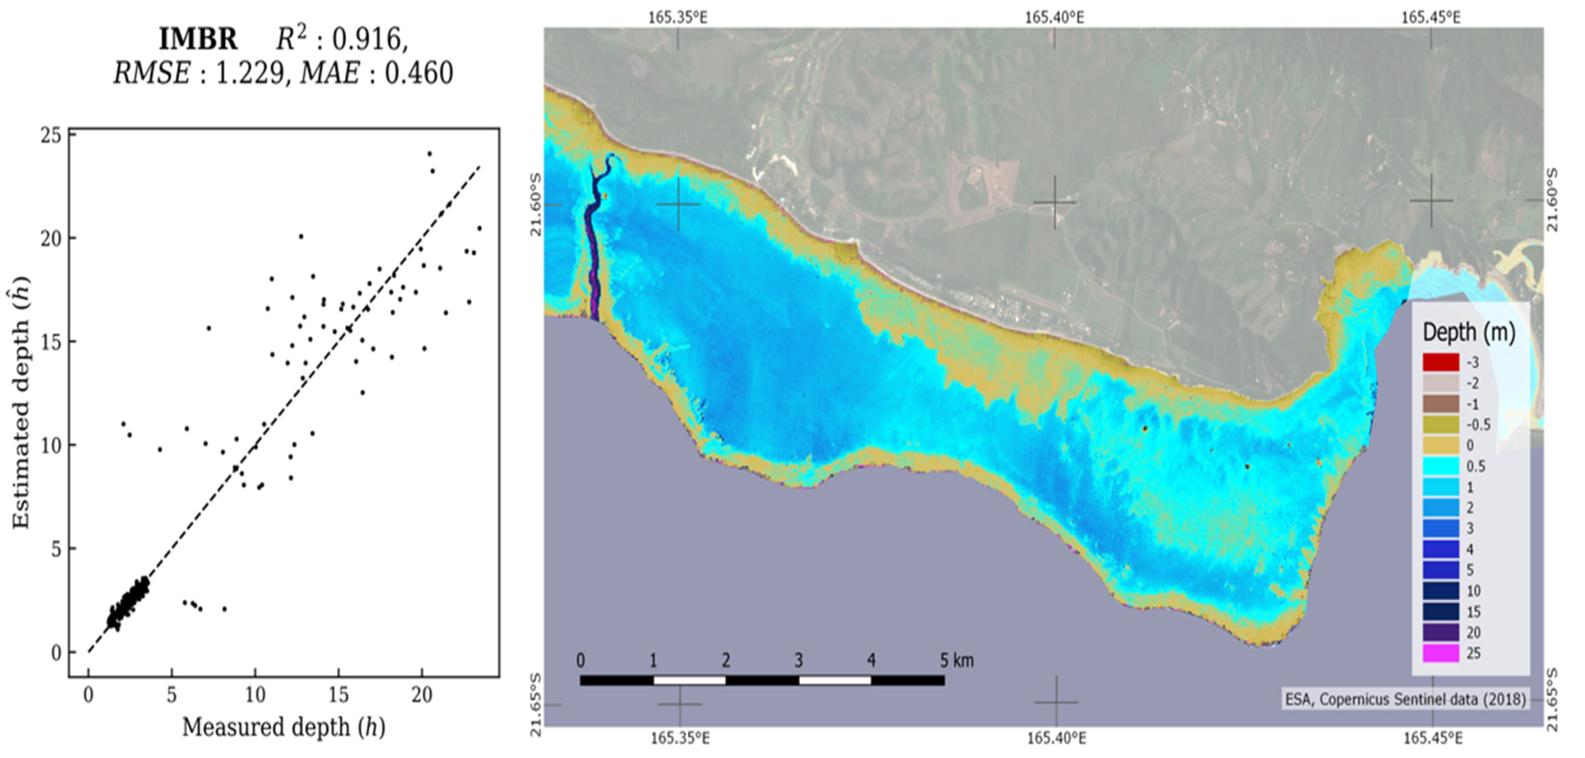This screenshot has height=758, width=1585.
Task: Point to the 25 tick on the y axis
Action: click(x=51, y=136)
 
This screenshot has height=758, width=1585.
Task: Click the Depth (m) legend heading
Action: click(x=1468, y=333)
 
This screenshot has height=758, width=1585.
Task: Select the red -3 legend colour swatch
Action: click(x=1440, y=362)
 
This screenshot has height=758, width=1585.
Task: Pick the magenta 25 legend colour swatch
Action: click(x=1440, y=653)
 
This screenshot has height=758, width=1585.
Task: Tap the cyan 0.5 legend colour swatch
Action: click(x=1440, y=466)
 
